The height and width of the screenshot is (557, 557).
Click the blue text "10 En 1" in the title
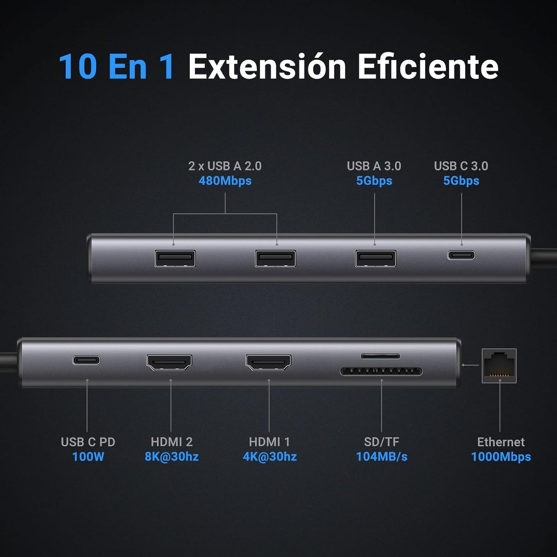pyautogui.click(x=116, y=67)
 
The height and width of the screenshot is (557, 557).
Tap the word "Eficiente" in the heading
pyautogui.click(x=428, y=67)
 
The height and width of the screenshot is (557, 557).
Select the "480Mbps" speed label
pyautogui.click(x=225, y=181)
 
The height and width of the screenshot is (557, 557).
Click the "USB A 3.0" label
pyautogui.click(x=374, y=166)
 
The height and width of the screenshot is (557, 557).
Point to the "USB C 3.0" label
pyautogui.click(x=461, y=166)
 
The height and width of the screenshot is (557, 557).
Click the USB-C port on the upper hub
pyautogui.click(x=461, y=255)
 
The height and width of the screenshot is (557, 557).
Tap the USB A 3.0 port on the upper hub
pyautogui.click(x=375, y=258)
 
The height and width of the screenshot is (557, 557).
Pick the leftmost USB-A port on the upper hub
pyautogui.click(x=175, y=258)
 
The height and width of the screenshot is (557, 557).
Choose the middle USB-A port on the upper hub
pyautogui.click(x=275, y=258)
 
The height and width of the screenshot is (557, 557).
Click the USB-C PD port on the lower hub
pyautogui.click(x=86, y=360)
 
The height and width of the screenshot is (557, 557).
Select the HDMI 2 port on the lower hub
pyautogui.click(x=169, y=362)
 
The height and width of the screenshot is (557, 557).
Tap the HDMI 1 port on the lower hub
pyautogui.click(x=268, y=362)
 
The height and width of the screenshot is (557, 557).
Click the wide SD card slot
pyautogui.click(x=381, y=372)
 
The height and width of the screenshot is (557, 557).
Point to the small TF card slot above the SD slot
pyautogui.click(x=380, y=357)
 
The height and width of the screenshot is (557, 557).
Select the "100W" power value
pyautogui.click(x=88, y=457)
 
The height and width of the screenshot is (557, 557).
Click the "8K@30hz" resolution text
pyautogui.click(x=172, y=457)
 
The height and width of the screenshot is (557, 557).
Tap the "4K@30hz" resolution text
pyautogui.click(x=270, y=457)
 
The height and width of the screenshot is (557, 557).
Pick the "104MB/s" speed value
pyautogui.click(x=382, y=457)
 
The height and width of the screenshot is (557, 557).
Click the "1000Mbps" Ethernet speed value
pyautogui.click(x=501, y=457)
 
